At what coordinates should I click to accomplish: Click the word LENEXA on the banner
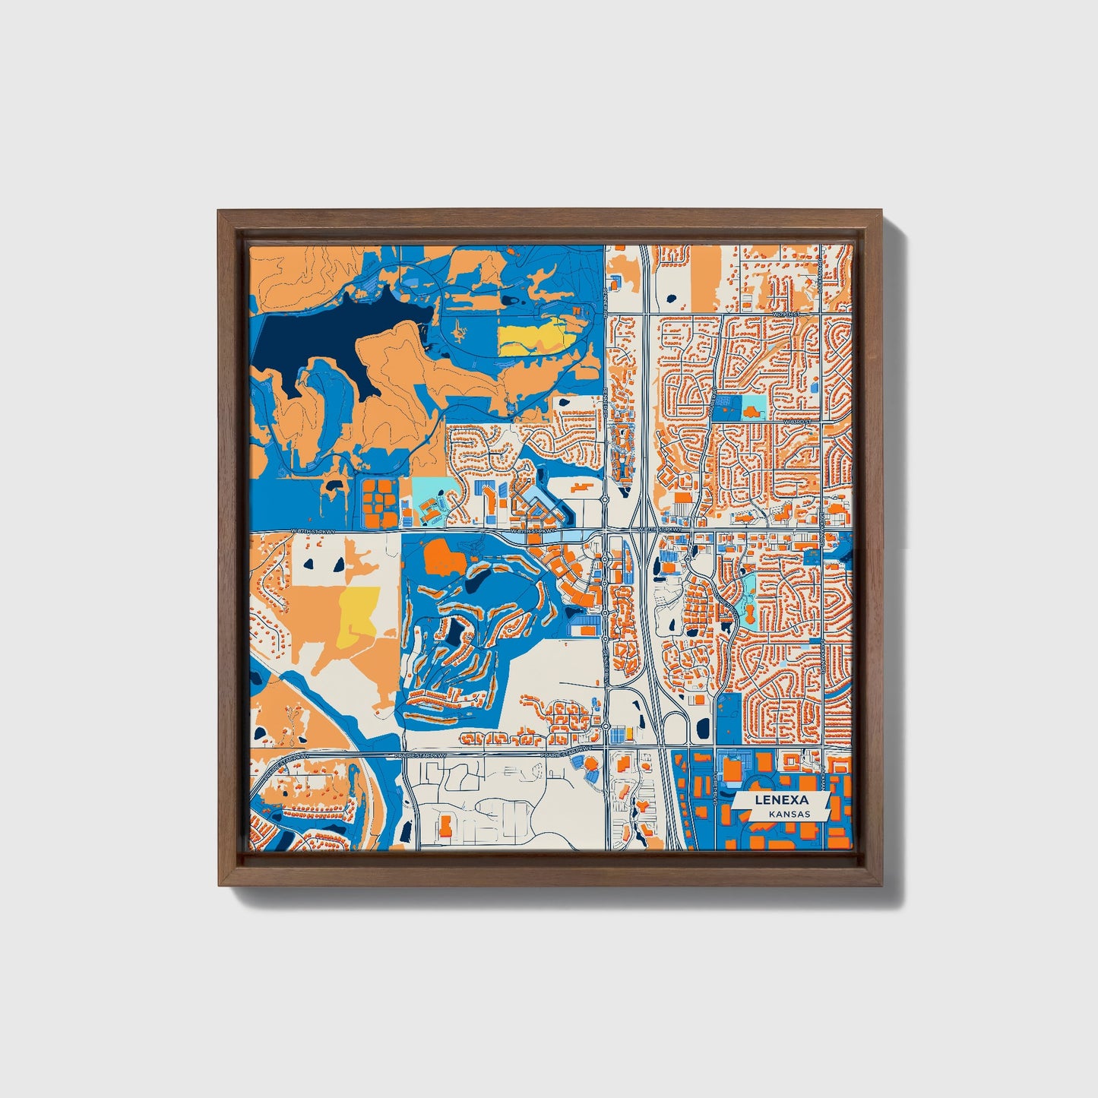781,800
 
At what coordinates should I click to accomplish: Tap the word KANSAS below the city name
789,814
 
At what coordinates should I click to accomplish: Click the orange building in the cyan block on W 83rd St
753,411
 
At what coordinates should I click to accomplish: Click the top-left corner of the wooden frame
218,210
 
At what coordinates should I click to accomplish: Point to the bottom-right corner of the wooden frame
884,886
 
